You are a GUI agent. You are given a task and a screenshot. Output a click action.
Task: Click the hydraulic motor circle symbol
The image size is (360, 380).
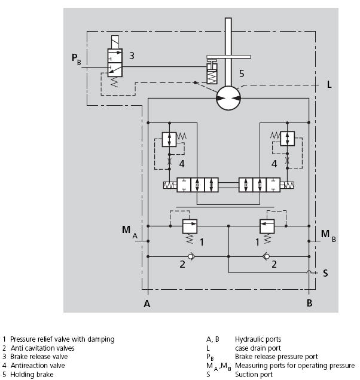click(x=227, y=97)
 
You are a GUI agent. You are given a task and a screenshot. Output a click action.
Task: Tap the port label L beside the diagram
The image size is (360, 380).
click(x=329, y=85)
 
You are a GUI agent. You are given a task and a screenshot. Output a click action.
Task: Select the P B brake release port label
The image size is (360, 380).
click(x=75, y=58)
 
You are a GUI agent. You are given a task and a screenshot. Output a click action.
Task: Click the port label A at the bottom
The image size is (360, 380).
click(x=146, y=304)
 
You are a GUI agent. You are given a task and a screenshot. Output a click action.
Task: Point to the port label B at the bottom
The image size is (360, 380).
click(x=309, y=304)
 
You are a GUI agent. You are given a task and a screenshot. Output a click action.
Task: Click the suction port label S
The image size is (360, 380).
click(x=325, y=273)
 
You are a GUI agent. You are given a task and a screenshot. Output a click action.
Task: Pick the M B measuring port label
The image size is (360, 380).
click(x=328, y=234)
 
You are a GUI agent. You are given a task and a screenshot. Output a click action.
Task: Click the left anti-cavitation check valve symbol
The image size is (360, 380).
click(x=190, y=257)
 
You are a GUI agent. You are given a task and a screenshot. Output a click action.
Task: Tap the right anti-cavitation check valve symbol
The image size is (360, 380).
click(x=267, y=257)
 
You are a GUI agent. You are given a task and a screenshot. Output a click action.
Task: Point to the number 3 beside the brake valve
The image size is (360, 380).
click(x=132, y=56)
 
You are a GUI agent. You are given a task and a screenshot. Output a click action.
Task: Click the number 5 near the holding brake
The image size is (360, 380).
click(x=242, y=74)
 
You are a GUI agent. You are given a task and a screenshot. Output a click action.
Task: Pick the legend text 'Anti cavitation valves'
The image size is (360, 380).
click(x=42, y=348)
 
